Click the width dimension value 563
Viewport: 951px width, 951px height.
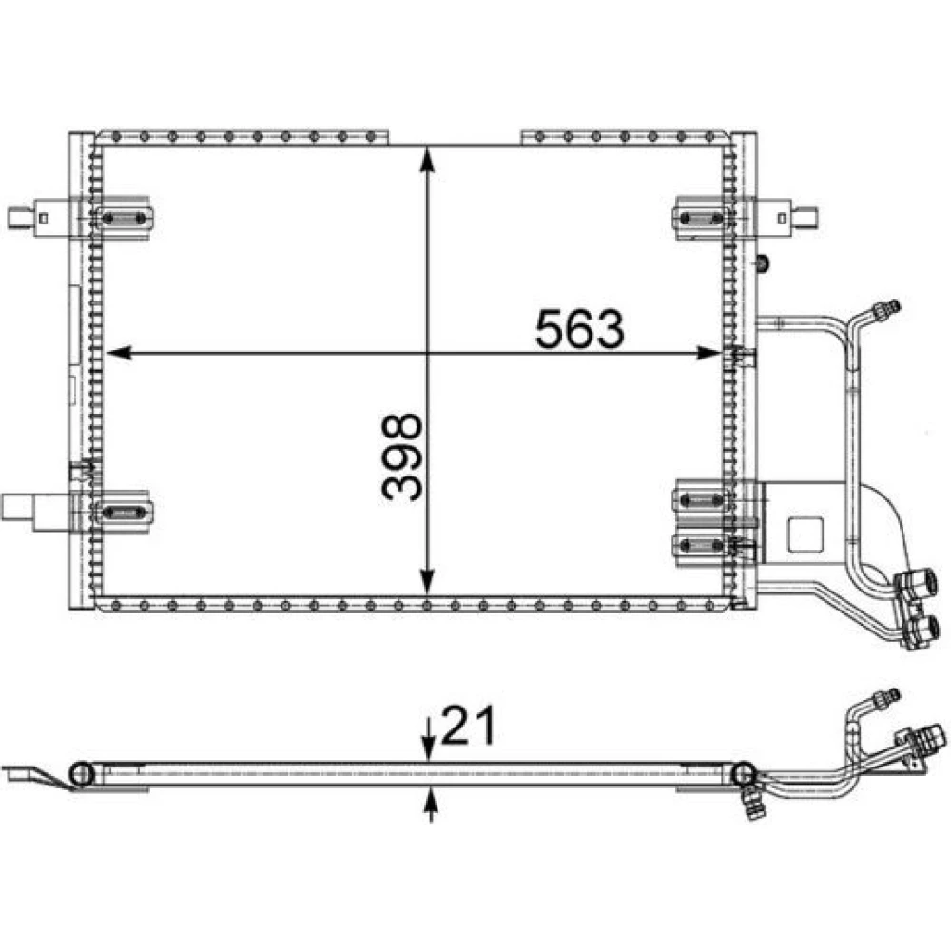pos(579,329)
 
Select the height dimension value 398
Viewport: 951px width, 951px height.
pos(401,457)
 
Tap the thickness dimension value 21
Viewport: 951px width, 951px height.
pos(468,725)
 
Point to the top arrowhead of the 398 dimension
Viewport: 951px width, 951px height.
pos(428,160)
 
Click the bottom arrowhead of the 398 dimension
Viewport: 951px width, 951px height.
pos(428,581)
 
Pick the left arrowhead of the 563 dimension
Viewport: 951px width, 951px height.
pos(119,353)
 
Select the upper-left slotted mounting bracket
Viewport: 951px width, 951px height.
pos(124,218)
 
